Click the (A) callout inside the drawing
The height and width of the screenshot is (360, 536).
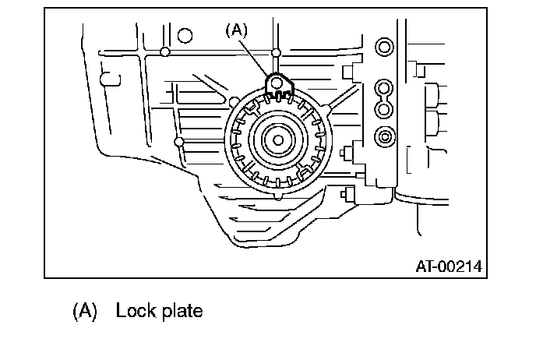pyautogui.click(x=237, y=30)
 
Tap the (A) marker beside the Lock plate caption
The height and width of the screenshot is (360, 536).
pyautogui.click(x=85, y=311)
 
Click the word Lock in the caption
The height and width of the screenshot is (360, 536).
pyautogui.click(x=132, y=311)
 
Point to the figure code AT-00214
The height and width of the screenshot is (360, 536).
pyautogui.click(x=448, y=266)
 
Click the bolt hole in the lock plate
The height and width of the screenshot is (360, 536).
pyautogui.click(x=276, y=81)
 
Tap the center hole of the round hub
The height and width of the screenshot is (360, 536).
pyautogui.click(x=277, y=139)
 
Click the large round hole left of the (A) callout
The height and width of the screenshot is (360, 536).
pyautogui.click(x=185, y=35)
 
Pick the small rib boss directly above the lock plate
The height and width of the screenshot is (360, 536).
pyautogui.click(x=276, y=53)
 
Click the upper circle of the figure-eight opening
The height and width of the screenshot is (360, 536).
pyautogui.click(x=382, y=86)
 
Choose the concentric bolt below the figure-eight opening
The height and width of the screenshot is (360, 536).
pyautogui.click(x=383, y=138)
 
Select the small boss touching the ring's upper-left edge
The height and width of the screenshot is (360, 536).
pyautogui.click(x=235, y=100)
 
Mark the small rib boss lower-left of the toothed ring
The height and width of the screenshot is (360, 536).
pyautogui.click(x=180, y=142)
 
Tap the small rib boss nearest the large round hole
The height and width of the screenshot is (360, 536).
pyautogui.click(x=164, y=52)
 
